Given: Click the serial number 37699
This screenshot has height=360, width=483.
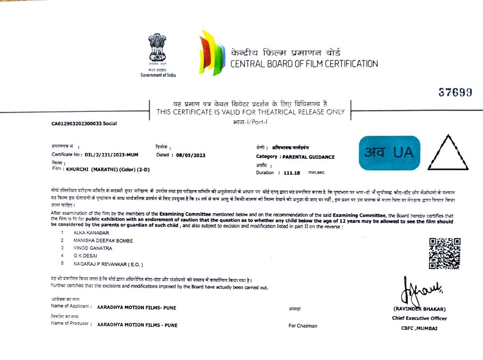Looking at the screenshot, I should [455, 93].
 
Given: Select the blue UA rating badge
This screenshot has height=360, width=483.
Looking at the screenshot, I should [389, 153].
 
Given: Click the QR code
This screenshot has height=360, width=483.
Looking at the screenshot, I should [444, 253].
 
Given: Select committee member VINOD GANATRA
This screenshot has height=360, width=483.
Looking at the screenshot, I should [93, 248].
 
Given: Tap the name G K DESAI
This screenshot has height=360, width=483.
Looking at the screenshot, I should [86, 256].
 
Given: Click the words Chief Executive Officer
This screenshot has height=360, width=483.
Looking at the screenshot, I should [419, 318].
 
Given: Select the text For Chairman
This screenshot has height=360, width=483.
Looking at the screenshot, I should [303, 326].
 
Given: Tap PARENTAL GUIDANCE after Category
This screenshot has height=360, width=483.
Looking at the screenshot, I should [309, 157].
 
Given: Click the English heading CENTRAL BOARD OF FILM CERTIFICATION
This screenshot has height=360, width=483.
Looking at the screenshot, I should [304, 63].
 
